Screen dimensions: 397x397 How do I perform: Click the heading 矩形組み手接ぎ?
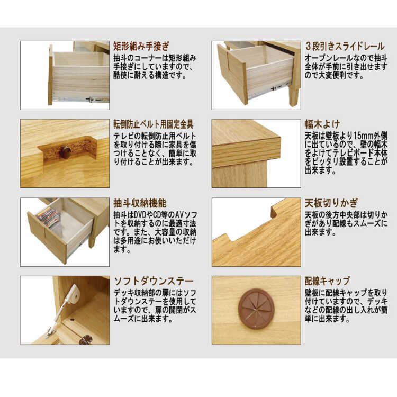[141, 47]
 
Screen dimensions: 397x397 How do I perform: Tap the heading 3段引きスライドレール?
[345, 47]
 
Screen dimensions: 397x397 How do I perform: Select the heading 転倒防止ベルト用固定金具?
[154, 124]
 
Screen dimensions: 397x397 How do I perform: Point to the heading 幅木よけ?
[322, 124]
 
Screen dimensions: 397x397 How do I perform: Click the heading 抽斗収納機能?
[140, 203]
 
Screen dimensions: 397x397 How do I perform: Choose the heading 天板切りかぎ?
[331, 203]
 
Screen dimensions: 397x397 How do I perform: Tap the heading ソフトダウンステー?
[154, 281]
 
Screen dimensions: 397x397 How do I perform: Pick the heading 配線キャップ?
[327, 281]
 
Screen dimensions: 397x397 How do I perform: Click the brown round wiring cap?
[256, 309]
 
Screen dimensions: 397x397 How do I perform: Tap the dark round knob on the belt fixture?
[65, 151]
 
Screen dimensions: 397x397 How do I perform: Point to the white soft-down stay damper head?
[74, 292]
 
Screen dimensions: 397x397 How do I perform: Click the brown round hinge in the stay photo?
[86, 340]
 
